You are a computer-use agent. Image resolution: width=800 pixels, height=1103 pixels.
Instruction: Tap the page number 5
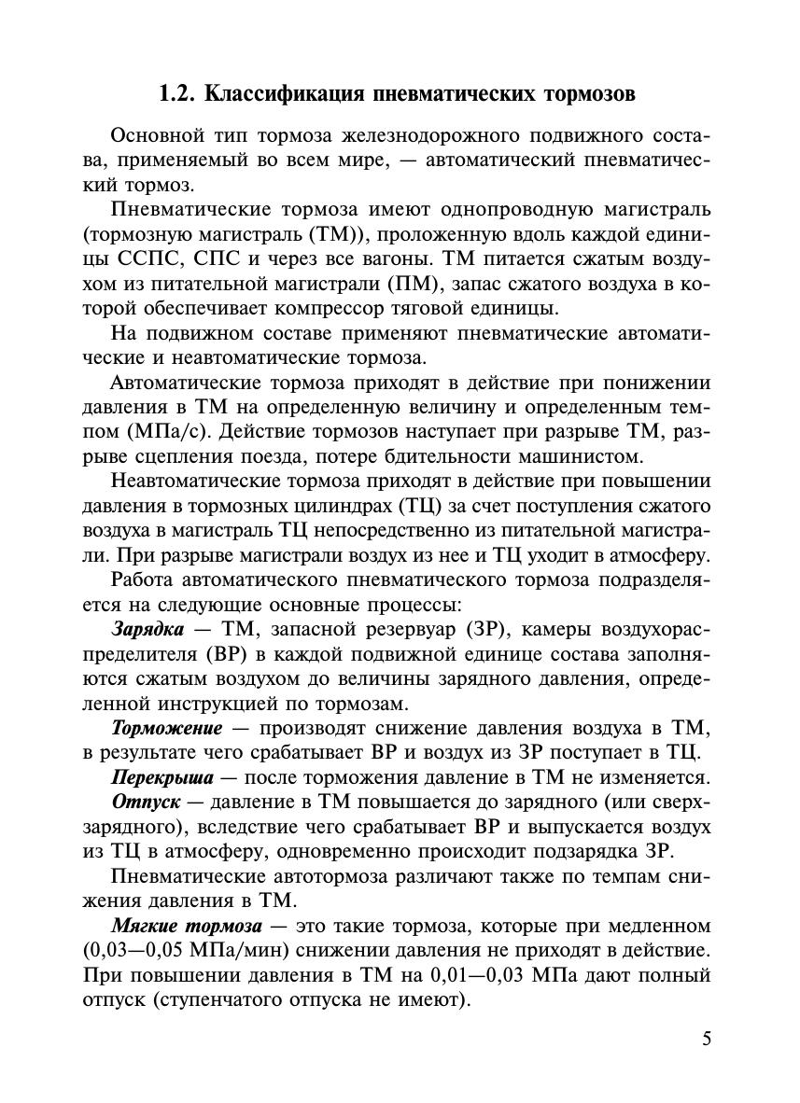tap(707, 1039)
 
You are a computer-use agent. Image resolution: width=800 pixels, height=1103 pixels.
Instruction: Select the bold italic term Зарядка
tap(147, 629)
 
